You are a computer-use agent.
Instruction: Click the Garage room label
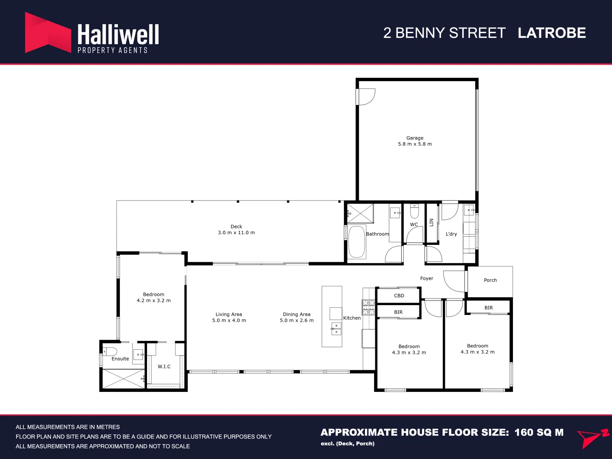[x=415, y=138]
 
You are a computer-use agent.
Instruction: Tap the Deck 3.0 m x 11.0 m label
[x=236, y=229]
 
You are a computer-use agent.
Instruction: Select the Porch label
[x=490, y=280]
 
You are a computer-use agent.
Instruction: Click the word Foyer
[x=427, y=278]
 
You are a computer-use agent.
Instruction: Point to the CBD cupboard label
[x=399, y=296]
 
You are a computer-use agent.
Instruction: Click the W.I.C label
[x=164, y=366]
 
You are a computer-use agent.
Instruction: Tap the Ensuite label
[x=120, y=359]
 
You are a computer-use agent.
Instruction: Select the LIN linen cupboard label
[x=431, y=222]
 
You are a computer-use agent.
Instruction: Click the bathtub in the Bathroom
[x=357, y=241]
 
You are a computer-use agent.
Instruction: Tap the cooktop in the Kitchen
[x=368, y=307]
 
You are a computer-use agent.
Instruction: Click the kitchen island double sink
[x=336, y=329]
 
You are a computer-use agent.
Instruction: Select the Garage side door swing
[x=366, y=97]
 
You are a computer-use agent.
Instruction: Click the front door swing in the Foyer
[x=454, y=281]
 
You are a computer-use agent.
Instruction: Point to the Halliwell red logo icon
[x=48, y=32]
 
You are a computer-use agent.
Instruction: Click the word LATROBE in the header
[x=552, y=33]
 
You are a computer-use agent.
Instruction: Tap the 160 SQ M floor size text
[x=539, y=432]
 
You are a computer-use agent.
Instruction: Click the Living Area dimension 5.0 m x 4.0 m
[x=229, y=320]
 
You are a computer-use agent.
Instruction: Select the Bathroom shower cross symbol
[x=360, y=213]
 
